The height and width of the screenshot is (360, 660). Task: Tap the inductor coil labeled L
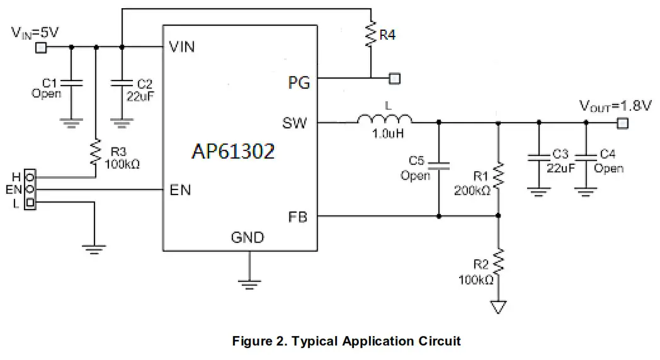(385, 120)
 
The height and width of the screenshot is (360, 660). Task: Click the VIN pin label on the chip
(182, 47)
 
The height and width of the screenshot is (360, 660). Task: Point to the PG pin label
(299, 82)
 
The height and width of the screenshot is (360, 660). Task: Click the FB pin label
(298, 218)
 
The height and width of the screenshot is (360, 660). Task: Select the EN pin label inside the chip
(181, 190)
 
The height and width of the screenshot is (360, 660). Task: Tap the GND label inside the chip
(247, 238)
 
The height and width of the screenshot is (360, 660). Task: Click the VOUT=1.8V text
(615, 106)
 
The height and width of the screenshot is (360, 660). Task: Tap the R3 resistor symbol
(96, 152)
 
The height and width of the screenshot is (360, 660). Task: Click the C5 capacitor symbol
(439, 166)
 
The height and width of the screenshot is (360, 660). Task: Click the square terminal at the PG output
(395, 79)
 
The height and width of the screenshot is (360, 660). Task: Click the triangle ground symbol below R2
(498, 307)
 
